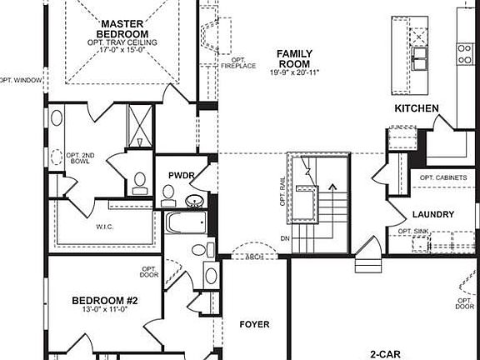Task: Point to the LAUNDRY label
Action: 433,214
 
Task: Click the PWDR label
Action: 181,176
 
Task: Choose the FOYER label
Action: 255,323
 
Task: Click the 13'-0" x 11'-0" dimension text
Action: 104,311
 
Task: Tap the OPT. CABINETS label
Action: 442,178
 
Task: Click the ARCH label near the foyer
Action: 253,257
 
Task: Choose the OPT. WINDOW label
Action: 20,81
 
